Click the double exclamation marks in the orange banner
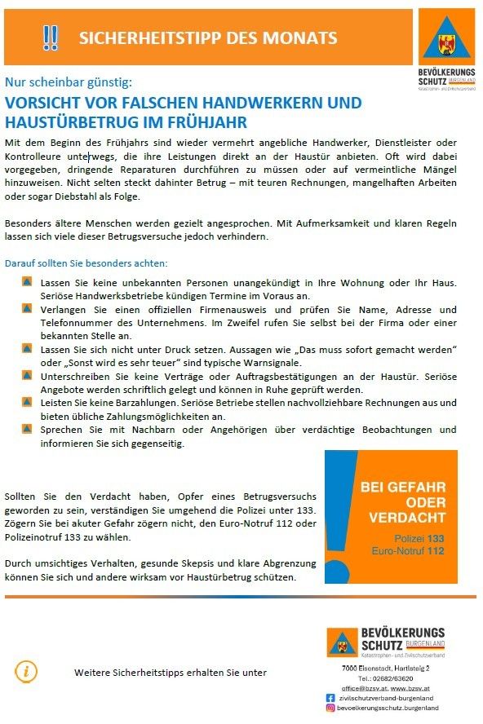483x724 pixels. (51, 38)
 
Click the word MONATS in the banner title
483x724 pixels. (306, 38)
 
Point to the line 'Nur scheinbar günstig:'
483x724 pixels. (67, 82)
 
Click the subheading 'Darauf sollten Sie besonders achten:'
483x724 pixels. (86, 263)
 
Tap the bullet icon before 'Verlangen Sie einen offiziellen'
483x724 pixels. (27, 310)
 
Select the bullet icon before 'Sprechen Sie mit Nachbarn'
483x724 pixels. (27, 429)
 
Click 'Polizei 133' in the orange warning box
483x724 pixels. (419, 539)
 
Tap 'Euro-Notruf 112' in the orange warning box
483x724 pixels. (407, 551)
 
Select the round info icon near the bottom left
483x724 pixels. (25, 670)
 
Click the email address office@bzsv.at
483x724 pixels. (359, 689)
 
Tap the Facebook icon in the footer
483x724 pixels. (330, 698)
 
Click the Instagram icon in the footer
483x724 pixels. (330, 709)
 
